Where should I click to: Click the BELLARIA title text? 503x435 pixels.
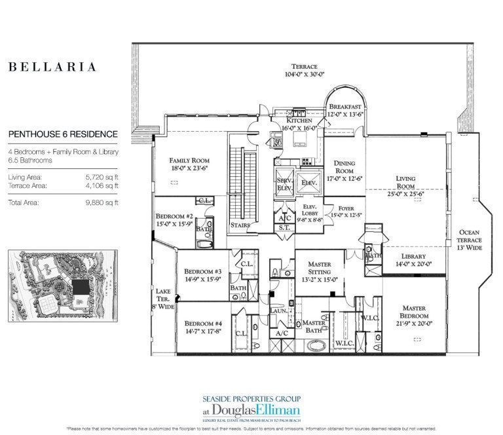coord(52,67)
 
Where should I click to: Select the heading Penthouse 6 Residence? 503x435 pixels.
coord(63,134)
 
